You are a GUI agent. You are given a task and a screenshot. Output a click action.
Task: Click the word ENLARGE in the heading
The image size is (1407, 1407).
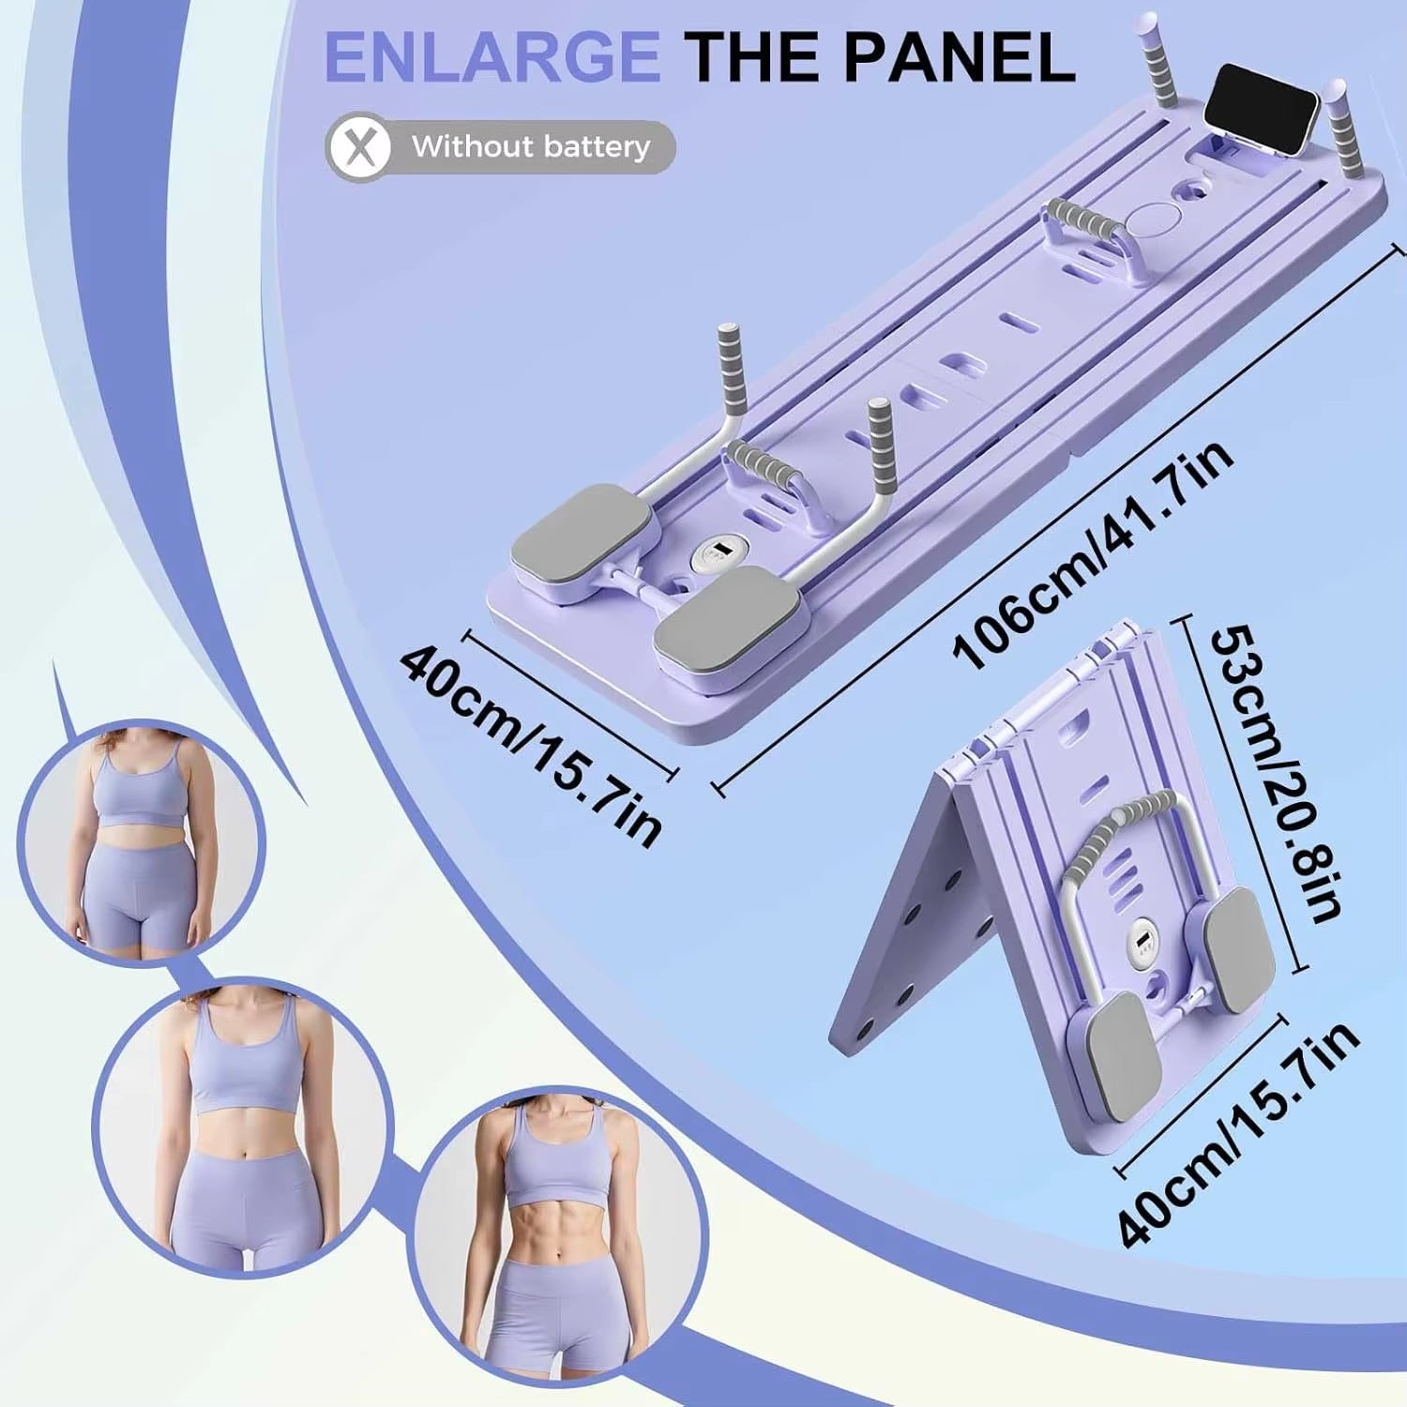492,58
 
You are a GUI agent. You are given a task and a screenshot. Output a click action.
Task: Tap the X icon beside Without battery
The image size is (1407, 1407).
359,147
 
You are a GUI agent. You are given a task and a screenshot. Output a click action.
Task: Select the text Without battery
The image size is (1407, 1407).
530,147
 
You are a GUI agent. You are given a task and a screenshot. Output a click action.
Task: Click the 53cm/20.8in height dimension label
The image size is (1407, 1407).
1276,774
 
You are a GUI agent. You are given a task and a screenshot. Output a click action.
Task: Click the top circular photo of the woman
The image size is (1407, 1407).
141,841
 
